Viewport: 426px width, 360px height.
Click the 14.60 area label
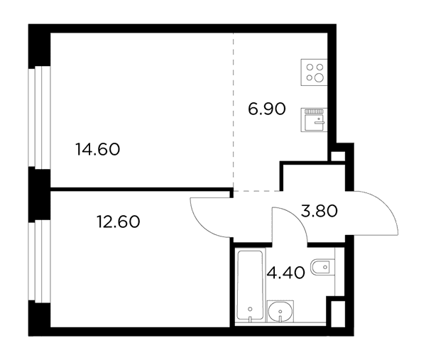(98, 149)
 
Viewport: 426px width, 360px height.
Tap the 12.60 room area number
(118, 222)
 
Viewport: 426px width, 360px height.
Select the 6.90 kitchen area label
(267, 109)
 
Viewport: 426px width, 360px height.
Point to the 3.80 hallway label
(319, 211)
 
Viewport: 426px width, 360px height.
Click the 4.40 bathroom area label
(286, 273)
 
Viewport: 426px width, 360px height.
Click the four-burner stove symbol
(314, 72)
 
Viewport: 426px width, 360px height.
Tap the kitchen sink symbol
(314, 120)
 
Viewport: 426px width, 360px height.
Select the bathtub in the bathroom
(250, 285)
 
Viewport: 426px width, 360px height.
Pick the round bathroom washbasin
(280, 312)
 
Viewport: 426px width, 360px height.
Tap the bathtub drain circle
(250, 309)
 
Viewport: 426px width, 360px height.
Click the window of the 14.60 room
(39, 116)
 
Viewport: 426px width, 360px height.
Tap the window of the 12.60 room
(39, 261)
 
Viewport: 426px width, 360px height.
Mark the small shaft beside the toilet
(338, 314)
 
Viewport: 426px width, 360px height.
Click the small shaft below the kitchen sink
(338, 156)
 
